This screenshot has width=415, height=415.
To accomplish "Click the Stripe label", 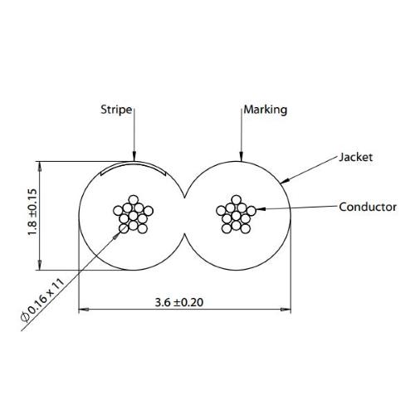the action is (x=116, y=110).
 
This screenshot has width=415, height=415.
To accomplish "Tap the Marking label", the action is (x=266, y=110).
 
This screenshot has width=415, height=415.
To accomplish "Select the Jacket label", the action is (x=356, y=157).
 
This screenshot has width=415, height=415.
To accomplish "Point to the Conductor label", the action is (x=368, y=207).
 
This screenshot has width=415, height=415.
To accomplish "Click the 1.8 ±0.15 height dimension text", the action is (x=32, y=212).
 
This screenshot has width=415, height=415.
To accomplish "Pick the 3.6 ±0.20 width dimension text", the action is (x=179, y=302).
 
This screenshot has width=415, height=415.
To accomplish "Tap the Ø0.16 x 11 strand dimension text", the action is (x=43, y=300).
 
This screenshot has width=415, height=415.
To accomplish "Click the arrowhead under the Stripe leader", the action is (x=134, y=156).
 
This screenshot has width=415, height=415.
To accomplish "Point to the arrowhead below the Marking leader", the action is (x=242, y=156).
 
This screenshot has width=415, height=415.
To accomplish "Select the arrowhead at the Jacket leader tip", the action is (x=285, y=181).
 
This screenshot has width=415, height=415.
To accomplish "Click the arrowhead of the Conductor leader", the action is (x=261, y=209).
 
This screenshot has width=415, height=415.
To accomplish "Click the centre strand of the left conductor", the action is (x=133, y=216).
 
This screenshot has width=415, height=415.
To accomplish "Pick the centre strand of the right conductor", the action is (x=236, y=216).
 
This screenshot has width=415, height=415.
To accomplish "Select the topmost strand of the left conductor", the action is (x=134, y=200).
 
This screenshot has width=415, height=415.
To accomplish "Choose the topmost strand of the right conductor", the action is (x=237, y=200).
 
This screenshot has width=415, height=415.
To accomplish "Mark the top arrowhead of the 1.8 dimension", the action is (x=40, y=166).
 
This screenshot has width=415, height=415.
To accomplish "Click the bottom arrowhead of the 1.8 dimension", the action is (x=40, y=265).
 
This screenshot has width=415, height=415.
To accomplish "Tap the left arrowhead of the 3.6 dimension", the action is (x=84, y=310).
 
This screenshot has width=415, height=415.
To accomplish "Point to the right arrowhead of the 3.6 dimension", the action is (x=286, y=310).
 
